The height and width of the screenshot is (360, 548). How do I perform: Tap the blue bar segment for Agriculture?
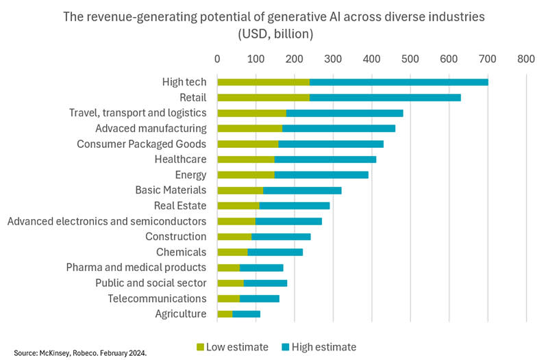(x=247, y=314)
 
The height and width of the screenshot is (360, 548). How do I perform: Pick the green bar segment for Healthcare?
(x=246, y=159)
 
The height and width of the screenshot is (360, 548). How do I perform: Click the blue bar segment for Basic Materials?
(x=302, y=190)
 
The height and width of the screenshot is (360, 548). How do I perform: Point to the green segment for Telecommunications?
(x=228, y=298)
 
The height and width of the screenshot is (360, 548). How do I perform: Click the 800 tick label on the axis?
(x=526, y=60)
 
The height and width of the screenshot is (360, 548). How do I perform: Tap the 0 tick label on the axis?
(x=217, y=60)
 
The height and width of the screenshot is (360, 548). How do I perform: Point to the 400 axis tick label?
(x=372, y=60)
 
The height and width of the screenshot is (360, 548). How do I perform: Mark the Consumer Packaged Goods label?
(x=141, y=144)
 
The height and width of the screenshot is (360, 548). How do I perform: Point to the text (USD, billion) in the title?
(x=274, y=32)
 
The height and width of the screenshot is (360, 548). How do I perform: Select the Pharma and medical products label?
(x=136, y=267)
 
